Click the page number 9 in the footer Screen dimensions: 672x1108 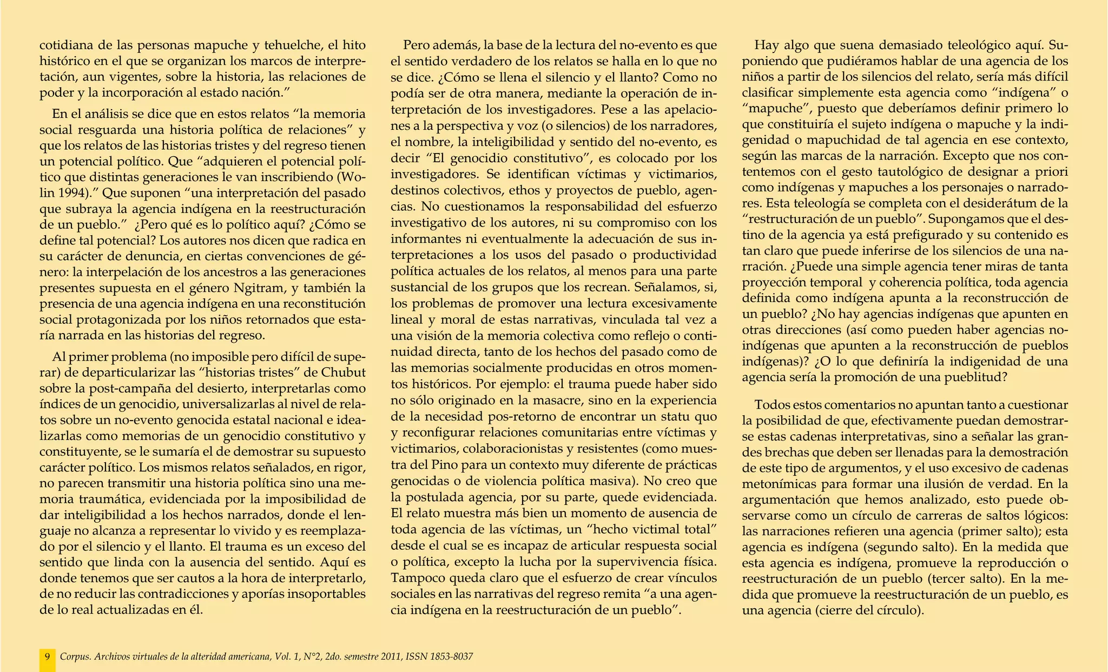[48, 656]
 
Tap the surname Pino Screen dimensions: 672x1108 [447, 464]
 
